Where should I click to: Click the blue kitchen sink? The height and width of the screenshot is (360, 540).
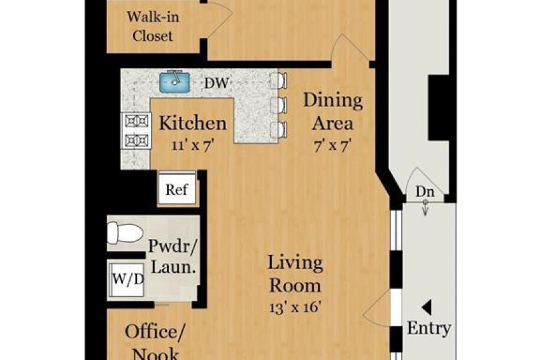coord(174,82)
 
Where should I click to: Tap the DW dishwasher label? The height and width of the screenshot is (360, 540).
coord(217,83)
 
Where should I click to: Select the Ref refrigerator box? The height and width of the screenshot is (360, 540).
coord(177,189)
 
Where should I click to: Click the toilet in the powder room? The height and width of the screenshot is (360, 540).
coord(125,233)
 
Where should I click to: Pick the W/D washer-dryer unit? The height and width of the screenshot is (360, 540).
coord(126,280)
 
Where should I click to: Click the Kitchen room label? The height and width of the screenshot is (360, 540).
coord(193,124)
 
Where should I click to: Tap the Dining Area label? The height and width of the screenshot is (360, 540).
coord(333,112)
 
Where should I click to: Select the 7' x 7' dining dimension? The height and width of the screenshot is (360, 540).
coord(332,145)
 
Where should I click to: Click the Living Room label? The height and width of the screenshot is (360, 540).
coord(295,273)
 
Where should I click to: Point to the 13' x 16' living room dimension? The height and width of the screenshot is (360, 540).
coord(295,307)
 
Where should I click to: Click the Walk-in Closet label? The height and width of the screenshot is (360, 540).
coord(153,26)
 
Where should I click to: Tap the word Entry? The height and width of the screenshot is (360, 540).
coord(429,328)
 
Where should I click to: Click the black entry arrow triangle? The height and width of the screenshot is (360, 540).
coord(427,307)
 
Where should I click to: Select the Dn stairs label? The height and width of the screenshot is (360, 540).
coord(425,192)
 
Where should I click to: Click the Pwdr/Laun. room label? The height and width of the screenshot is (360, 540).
coord(173,256)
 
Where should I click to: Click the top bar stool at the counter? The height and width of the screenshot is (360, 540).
coord(279,81)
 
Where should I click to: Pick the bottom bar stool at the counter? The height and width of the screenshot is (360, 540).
coord(279,130)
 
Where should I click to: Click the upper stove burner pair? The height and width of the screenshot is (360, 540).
coord(136,121)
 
